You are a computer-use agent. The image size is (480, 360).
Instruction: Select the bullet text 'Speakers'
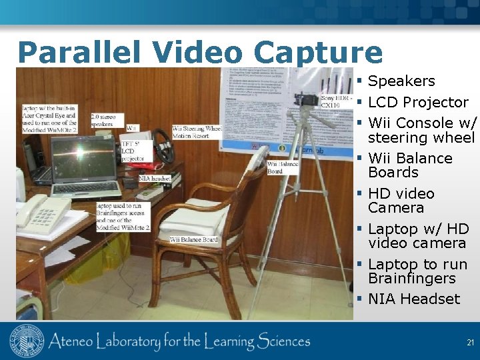(x=401, y=81)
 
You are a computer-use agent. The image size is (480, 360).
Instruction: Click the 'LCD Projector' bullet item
(x=418, y=103)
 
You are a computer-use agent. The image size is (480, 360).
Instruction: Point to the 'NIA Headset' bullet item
(x=414, y=299)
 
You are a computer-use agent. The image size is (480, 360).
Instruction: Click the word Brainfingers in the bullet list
(x=412, y=279)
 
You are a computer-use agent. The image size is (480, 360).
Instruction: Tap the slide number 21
(x=470, y=343)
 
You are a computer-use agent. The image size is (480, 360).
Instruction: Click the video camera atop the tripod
(x=307, y=100)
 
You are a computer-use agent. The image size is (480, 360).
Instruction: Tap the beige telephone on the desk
(x=41, y=211)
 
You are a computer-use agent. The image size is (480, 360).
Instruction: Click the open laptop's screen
(x=83, y=157)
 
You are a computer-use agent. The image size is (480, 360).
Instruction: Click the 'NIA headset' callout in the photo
(x=155, y=178)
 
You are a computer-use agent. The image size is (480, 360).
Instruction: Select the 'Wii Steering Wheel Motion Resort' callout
(x=196, y=131)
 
